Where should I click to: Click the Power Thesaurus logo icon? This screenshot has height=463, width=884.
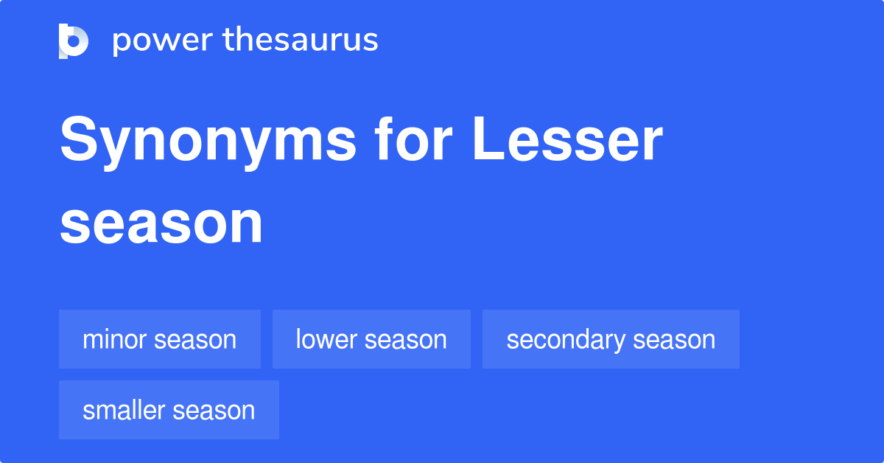tap(74, 41)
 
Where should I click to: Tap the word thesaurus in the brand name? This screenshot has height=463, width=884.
tap(301, 41)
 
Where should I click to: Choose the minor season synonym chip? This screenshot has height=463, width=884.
tap(160, 339)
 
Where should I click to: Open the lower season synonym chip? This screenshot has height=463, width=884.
tap(371, 339)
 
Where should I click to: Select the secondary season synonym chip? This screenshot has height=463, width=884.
tap(611, 339)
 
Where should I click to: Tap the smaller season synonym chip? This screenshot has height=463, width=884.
tap(169, 410)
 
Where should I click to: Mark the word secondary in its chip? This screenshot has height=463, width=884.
tap(555, 339)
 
